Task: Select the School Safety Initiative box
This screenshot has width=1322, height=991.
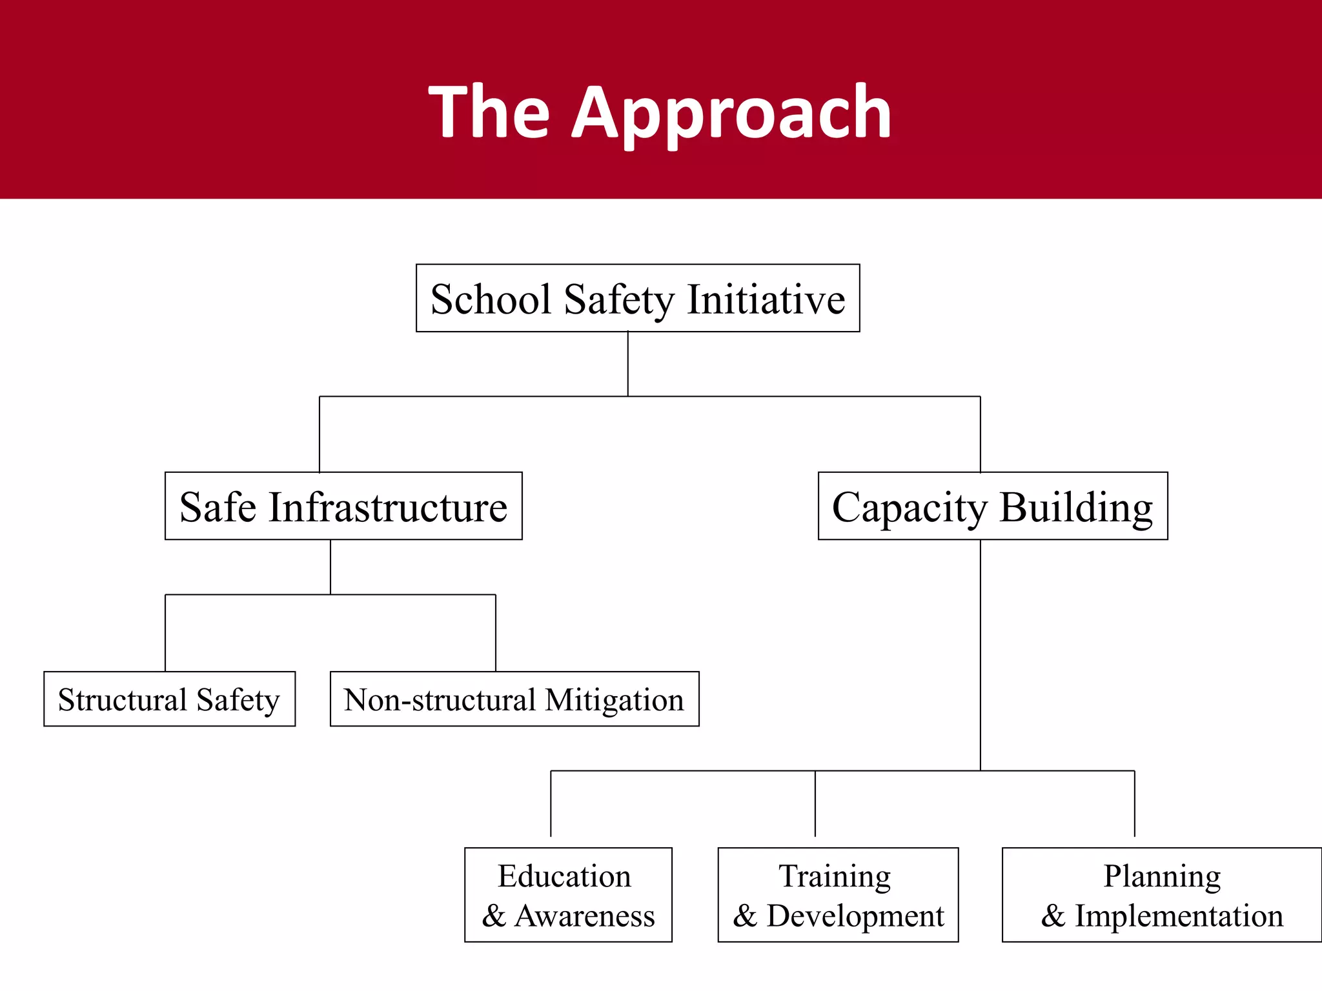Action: tap(638, 298)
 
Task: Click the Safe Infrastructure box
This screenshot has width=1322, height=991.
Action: tap(343, 506)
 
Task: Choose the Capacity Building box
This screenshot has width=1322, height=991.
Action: tap(993, 506)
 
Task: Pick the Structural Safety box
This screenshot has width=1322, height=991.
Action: tap(169, 699)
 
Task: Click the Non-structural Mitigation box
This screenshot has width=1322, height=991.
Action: tap(514, 699)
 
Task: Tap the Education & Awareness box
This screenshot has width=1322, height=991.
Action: tap(568, 895)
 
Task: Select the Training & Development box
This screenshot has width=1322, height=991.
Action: tap(838, 895)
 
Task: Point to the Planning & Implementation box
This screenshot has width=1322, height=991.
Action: tap(1162, 895)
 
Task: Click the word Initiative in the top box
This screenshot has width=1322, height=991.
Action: tap(766, 299)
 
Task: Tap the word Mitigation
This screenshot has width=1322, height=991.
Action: tap(614, 700)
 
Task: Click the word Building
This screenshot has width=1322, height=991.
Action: tap(1076, 508)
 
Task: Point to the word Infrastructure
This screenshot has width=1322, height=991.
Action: tap(388, 507)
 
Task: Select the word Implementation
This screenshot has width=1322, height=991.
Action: tap(1179, 916)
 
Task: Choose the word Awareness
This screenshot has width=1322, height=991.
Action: tap(584, 916)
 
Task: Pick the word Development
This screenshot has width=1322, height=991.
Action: tap(855, 916)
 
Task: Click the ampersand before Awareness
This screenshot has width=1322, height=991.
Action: tap(494, 916)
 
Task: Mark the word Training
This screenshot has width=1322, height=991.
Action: tap(835, 876)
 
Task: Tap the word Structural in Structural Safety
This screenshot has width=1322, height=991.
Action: tap(123, 699)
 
